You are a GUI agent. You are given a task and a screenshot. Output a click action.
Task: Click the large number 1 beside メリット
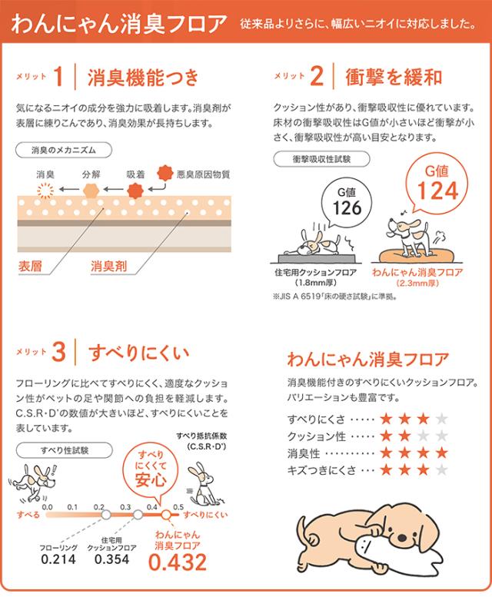tap(61, 76)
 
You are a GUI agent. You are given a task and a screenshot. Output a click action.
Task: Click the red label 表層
tap(32, 266)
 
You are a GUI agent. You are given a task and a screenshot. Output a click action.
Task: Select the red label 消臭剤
tap(107, 266)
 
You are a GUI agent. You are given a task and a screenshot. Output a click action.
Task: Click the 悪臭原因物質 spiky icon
tap(162, 173)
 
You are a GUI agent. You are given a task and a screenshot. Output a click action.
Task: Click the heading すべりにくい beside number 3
tap(134, 353)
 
